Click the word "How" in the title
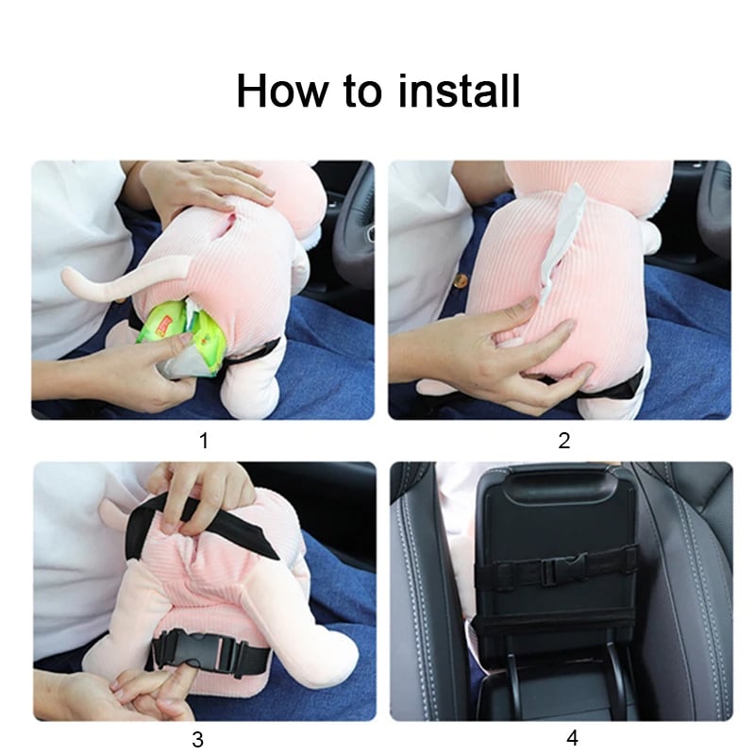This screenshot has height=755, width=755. coord(281,91)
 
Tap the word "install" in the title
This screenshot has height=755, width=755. coord(459,91)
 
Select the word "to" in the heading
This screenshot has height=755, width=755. coord(362,92)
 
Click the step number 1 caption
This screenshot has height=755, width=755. coord(204,441)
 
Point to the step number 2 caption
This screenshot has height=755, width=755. coord(563,441)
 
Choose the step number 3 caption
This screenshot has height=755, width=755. coord(197,739)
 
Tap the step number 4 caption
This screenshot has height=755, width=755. coord(572,738)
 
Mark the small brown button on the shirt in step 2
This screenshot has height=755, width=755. coord(462,279)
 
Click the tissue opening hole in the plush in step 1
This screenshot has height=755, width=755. coord(232,223)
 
